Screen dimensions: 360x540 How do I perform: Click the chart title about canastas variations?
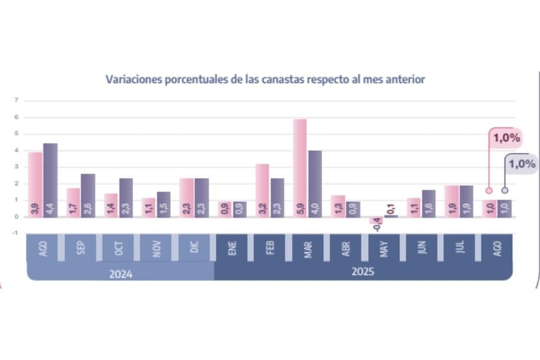point(265,79)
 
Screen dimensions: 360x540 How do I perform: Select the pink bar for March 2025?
point(300,168)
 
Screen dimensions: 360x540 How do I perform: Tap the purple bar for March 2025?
point(315,183)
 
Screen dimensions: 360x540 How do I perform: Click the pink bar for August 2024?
point(35,184)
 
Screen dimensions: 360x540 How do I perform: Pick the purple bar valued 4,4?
point(50,180)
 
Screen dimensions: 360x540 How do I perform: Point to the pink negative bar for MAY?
point(376,220)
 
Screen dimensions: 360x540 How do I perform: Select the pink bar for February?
point(263,190)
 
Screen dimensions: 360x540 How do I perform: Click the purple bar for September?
point(88,195)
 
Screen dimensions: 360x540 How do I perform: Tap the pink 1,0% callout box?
point(506,138)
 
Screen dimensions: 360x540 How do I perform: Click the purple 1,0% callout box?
point(521,164)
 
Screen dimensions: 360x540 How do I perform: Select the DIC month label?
point(195,248)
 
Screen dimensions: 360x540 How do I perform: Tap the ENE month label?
point(232,248)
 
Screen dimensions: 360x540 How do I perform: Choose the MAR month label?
point(308,248)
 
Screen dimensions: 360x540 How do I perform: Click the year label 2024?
point(119,272)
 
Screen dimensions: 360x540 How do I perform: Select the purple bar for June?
point(429,203)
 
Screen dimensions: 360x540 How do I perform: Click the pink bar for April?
point(338,205)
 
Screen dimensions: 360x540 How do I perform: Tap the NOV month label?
point(157,248)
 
